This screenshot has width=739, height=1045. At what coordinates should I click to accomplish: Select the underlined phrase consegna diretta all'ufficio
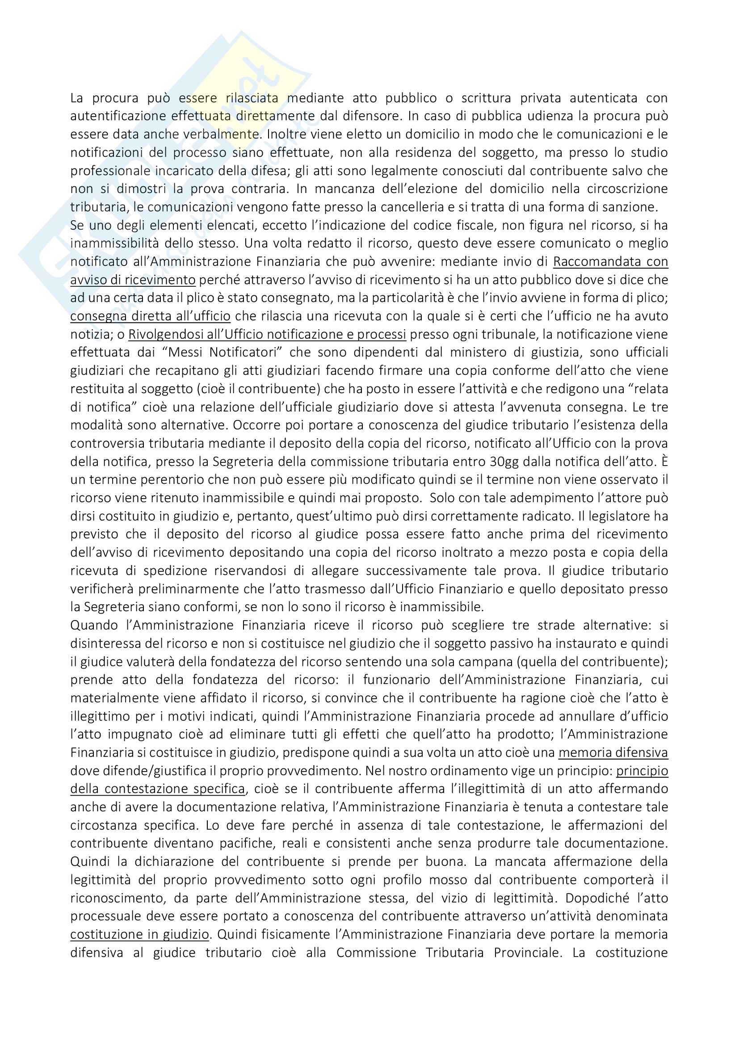pyautogui.click(x=150, y=316)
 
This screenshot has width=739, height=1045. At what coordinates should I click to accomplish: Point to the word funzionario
pyautogui.click(x=396, y=680)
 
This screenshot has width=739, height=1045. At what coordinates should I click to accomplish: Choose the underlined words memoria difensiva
pyautogui.click(x=613, y=753)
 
